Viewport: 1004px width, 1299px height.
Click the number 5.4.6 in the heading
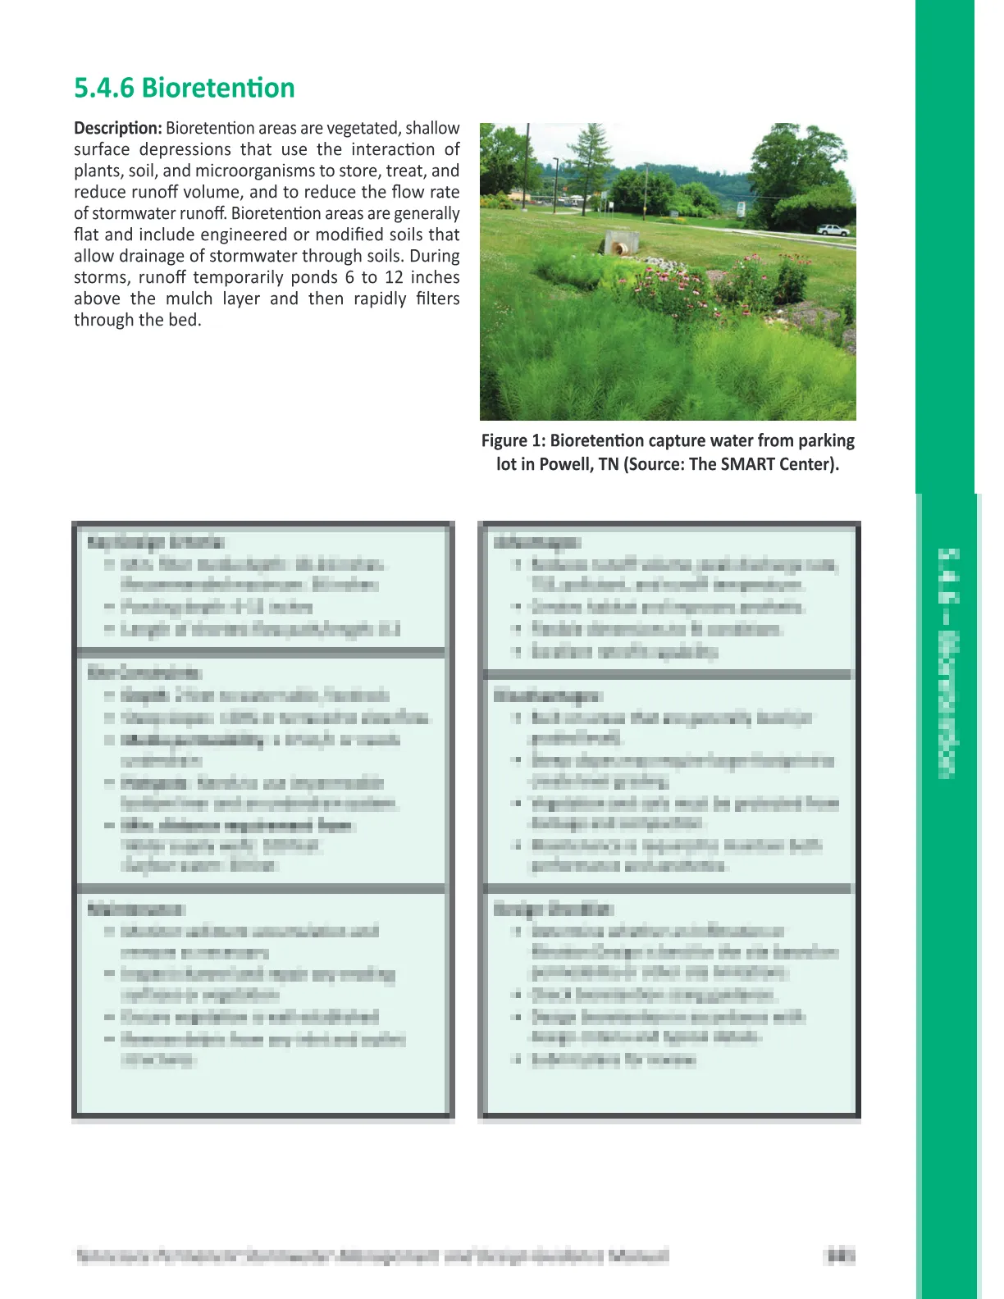(103, 88)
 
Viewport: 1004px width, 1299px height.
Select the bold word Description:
(117, 129)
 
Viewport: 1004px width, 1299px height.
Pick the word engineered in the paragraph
(243, 235)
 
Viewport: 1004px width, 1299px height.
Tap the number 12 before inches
(395, 278)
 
